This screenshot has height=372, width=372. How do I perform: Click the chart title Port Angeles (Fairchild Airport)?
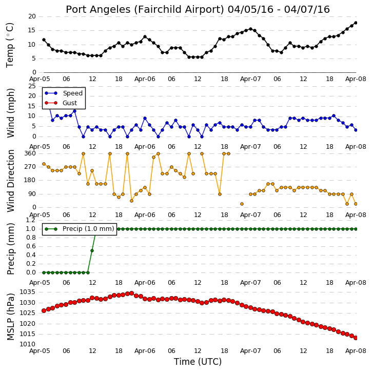coord(145,10)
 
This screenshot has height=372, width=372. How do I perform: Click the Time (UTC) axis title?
coord(198,362)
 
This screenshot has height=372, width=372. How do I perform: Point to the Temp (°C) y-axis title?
coord(10,45)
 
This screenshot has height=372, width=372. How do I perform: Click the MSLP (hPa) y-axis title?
coord(11,317)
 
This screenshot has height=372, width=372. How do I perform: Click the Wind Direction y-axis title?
coord(11,181)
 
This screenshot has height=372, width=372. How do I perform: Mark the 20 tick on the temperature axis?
coord(32,16)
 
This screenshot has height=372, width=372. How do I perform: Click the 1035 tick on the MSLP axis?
coord(28,292)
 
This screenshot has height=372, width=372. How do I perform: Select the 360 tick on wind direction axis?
coord(30,153)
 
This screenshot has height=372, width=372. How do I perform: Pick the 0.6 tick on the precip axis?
coord(31,246)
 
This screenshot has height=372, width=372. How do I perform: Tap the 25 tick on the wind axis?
coord(32,86)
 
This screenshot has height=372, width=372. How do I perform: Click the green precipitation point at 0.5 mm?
coord(92,251)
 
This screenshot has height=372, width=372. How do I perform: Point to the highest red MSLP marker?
coord(132,293)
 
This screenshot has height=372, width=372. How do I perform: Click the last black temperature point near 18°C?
coord(356,23)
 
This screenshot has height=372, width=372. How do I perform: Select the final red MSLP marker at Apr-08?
coord(356,338)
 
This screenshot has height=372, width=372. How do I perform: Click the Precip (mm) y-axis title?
coord(11,249)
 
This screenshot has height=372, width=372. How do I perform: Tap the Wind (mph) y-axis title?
coord(11,113)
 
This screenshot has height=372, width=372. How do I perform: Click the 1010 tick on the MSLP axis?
coord(28,344)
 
